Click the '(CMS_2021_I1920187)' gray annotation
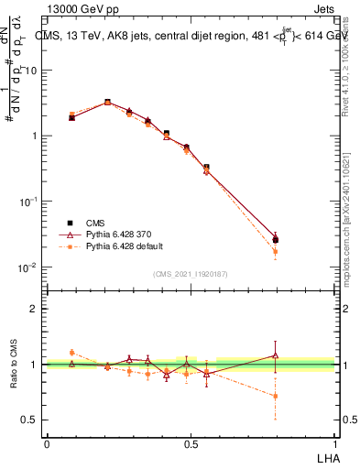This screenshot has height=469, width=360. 191,274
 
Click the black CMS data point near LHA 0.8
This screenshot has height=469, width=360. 275,240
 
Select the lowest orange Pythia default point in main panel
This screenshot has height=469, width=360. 275,251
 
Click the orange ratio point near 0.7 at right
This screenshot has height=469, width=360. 275,396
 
